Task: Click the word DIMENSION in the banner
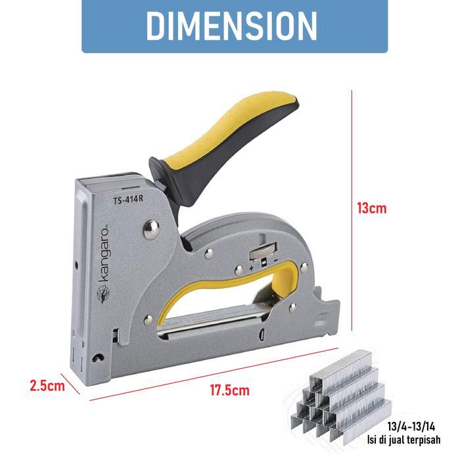231,26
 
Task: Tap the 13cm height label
372,208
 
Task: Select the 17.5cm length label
229,390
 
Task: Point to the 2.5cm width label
47,386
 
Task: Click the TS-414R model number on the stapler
128,200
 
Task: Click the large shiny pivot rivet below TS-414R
151,229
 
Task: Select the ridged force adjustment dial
263,252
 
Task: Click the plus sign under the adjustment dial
251,268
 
